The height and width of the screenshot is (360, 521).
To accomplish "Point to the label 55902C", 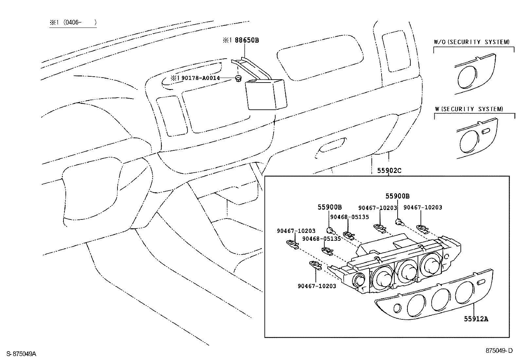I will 389,171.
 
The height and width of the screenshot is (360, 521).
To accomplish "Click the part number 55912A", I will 476,319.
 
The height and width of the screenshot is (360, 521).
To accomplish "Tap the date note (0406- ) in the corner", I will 73,23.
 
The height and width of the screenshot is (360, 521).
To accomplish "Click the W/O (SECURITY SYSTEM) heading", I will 472,42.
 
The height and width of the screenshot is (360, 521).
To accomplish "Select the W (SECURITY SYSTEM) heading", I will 469,109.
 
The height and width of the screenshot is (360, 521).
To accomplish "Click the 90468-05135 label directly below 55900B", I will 349,217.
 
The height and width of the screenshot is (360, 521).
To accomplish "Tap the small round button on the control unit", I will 359,280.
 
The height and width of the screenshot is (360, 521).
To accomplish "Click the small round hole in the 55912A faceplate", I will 397,308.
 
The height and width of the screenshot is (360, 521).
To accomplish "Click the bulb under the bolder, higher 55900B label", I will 399,222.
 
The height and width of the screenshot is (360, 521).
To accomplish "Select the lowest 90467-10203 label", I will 317,286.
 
